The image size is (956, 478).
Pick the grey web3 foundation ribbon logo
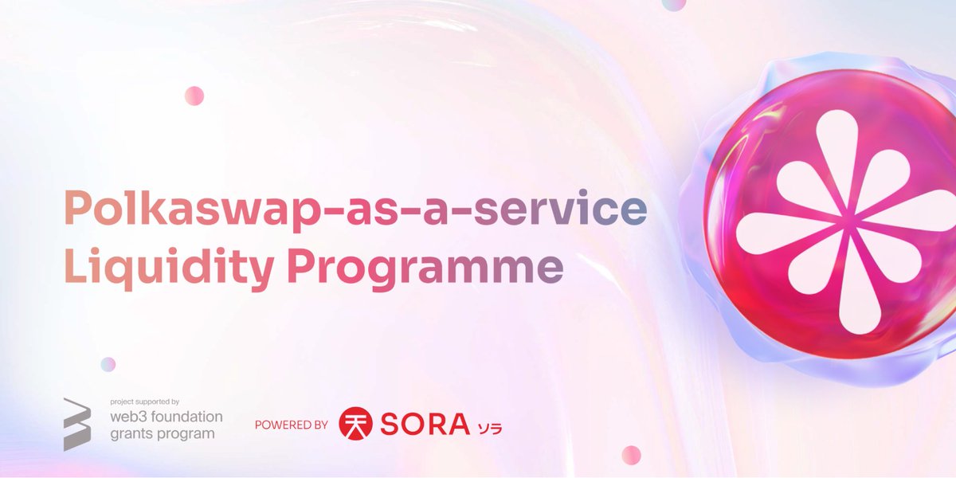[x=76, y=424]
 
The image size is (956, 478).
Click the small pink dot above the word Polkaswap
[x=194, y=96]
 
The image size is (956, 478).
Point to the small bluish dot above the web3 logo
[x=108, y=365]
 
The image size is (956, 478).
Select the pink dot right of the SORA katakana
[x=631, y=455]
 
